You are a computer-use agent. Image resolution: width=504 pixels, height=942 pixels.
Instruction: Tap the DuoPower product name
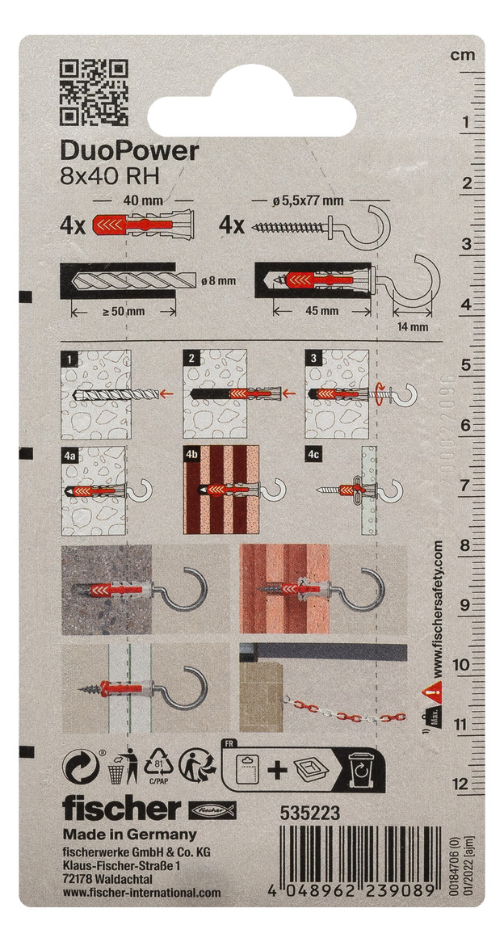pos(129,151)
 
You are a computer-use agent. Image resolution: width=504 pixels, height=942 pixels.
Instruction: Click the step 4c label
pos(313,454)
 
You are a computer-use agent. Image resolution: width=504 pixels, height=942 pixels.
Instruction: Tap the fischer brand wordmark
pos(122,808)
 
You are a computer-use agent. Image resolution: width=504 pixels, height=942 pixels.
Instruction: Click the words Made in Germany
pos(129,835)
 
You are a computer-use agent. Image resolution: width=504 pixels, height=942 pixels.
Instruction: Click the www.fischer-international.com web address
pos(141,893)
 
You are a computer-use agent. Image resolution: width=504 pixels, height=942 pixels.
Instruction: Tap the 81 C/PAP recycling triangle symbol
pos(159,763)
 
